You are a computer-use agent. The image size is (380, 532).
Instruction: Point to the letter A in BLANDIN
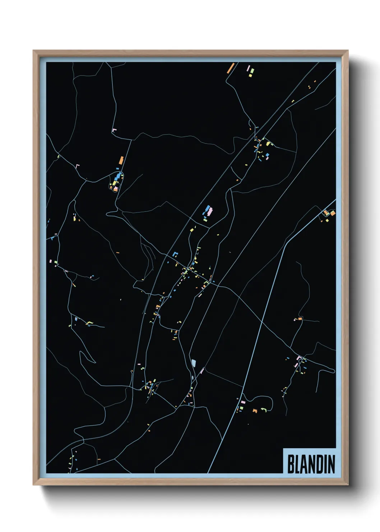(x=305, y=464)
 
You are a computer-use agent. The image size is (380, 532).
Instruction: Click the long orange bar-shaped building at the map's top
(x=230, y=68)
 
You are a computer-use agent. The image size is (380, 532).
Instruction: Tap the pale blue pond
(x=194, y=363)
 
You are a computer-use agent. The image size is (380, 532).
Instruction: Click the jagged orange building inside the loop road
(x=255, y=410)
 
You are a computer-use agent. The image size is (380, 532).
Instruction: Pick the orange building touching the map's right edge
(x=333, y=213)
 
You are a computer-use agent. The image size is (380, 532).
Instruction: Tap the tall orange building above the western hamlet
(x=121, y=160)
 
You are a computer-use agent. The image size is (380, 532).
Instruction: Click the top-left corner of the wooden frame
(x=34, y=51)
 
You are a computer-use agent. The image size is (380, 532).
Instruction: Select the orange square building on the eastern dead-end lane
(x=300, y=318)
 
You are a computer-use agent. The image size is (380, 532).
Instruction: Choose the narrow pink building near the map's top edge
(x=247, y=68)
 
